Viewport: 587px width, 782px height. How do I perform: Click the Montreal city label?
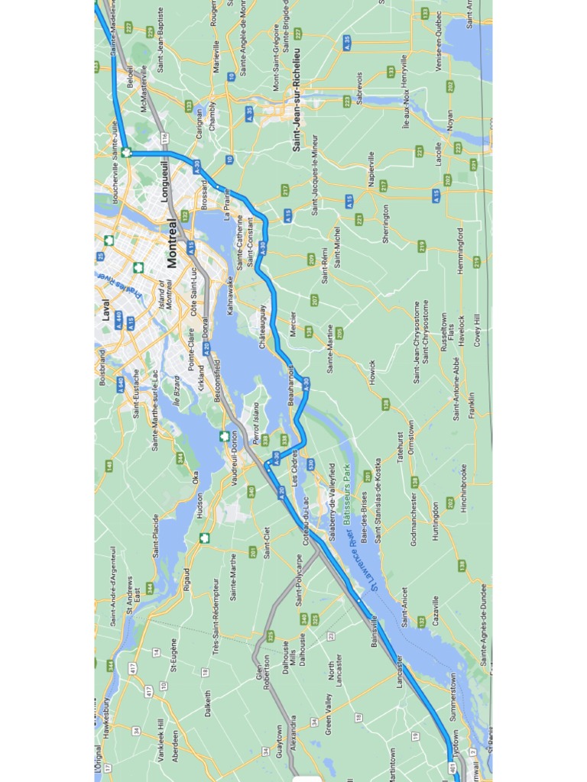click(x=172, y=244)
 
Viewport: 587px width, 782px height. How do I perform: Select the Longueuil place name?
click(x=164, y=181)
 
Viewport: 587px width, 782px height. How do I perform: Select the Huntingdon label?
click(x=436, y=521)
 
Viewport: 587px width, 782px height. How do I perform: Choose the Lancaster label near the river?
click(x=399, y=671)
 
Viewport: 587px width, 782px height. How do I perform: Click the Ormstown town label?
click(x=410, y=438)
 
